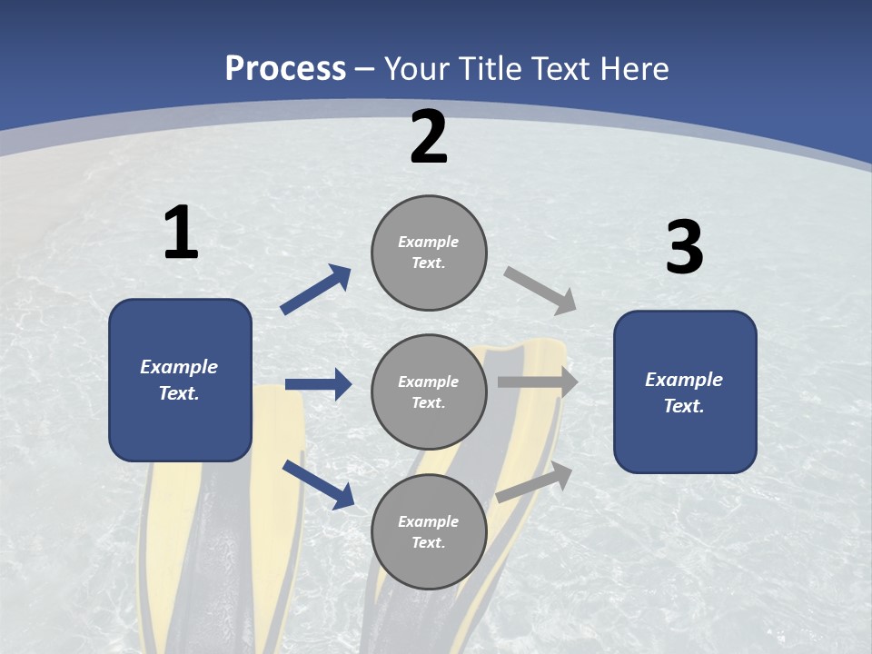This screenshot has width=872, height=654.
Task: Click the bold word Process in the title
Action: pyautogui.click(x=285, y=68)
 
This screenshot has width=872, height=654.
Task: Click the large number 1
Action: pyautogui.click(x=182, y=232)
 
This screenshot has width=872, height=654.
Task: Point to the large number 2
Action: pyautogui.click(x=429, y=137)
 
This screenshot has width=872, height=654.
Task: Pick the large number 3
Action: pyautogui.click(x=685, y=246)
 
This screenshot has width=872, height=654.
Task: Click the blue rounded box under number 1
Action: pyautogui.click(x=181, y=380)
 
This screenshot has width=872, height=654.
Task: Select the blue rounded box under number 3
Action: pyautogui.click(x=685, y=392)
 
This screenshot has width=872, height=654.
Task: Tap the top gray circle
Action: pyautogui.click(x=429, y=253)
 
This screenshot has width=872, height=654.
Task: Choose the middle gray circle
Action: pyautogui.click(x=429, y=392)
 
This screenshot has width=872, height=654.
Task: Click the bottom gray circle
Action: pyautogui.click(x=429, y=532)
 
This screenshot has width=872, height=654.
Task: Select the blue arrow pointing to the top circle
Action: pyautogui.click(x=316, y=289)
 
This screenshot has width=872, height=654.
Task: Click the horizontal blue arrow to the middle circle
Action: pyautogui.click(x=319, y=383)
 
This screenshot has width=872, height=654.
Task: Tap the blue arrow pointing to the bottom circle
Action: pyautogui.click(x=319, y=484)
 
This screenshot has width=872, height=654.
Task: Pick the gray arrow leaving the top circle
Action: pyautogui.click(x=540, y=291)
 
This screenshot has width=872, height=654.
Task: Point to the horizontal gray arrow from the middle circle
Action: pyautogui.click(x=538, y=382)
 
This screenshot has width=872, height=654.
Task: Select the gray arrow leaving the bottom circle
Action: pyautogui.click(x=534, y=482)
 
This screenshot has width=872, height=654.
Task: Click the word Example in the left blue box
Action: pyautogui.click(x=179, y=367)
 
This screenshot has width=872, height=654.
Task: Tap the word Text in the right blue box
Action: pyautogui.click(x=684, y=405)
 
